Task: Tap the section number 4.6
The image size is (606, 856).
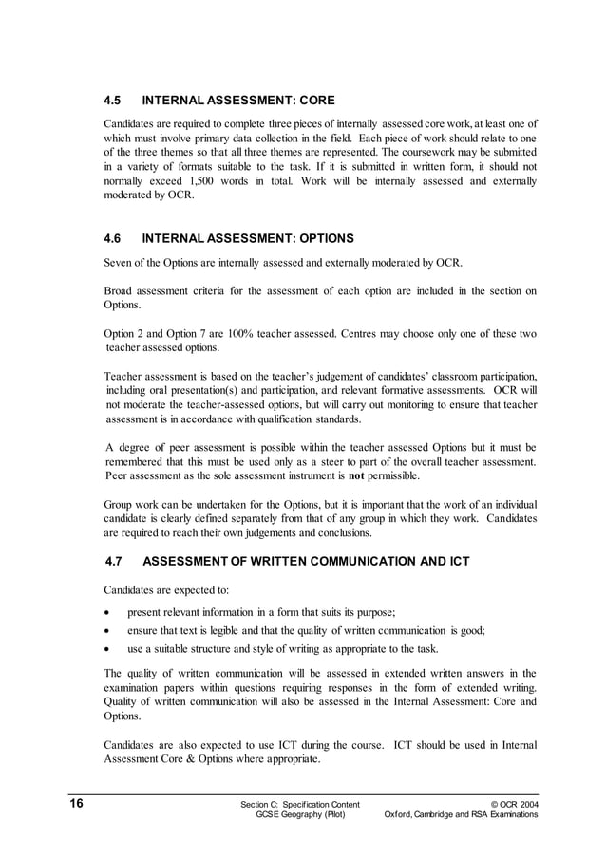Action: click(x=113, y=238)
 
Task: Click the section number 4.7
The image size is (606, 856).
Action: click(x=115, y=562)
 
